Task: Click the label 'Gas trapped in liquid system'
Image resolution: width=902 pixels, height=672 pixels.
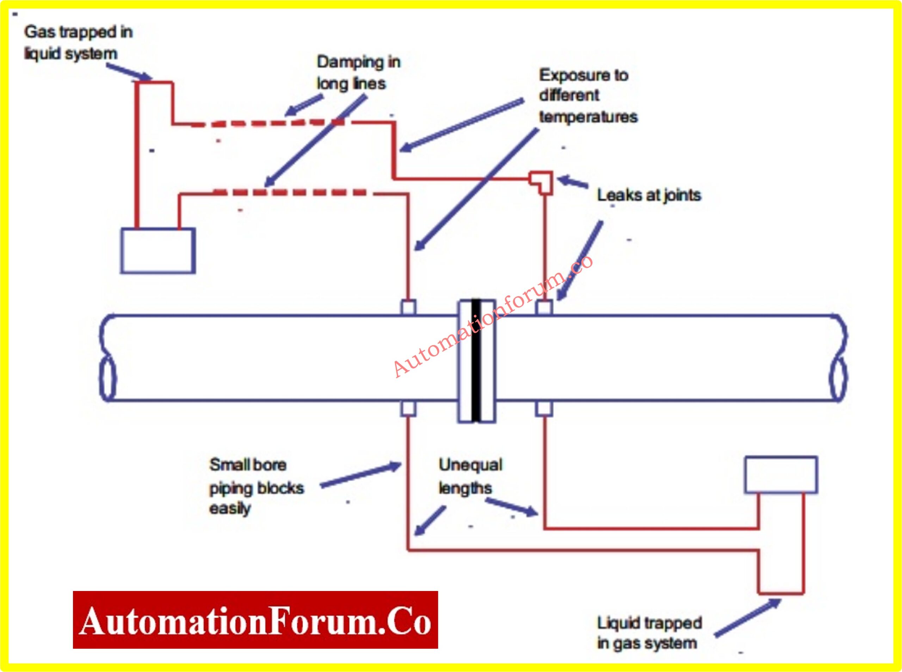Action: tap(78, 43)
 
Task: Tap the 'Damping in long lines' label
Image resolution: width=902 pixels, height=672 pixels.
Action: tap(358, 73)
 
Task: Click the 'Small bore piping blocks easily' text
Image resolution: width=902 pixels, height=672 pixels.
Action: tap(256, 486)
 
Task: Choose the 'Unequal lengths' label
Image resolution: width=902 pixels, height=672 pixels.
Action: tap(470, 476)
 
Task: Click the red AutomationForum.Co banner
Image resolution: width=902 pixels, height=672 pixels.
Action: tap(255, 620)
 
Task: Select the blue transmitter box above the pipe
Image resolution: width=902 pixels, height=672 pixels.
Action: tap(158, 250)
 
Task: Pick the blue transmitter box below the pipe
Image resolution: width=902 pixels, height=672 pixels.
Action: tap(781, 475)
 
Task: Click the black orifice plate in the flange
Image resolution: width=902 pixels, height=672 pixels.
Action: tap(476, 360)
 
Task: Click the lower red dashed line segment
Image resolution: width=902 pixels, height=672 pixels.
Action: tap(290, 192)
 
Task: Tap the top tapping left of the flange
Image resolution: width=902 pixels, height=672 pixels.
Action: tap(408, 307)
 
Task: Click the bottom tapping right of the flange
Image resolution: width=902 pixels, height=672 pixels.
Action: tap(544, 409)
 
